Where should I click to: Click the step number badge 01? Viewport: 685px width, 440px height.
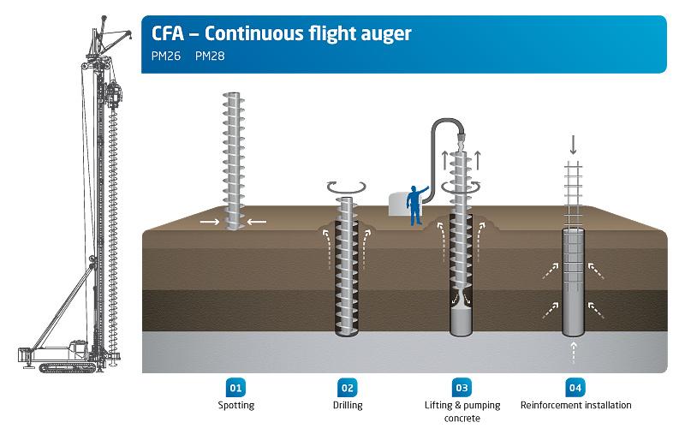[235, 388]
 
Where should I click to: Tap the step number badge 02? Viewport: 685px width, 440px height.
[348, 388]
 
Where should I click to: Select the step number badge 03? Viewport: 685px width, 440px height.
[462, 388]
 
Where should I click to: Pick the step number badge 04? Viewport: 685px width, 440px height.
[575, 388]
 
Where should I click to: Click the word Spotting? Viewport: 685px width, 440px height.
[236, 406]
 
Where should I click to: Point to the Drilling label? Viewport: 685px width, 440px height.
[348, 406]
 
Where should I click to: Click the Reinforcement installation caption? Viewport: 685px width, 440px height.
[575, 405]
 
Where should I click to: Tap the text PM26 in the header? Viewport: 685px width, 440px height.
[166, 56]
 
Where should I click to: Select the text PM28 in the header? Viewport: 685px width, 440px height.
[210, 56]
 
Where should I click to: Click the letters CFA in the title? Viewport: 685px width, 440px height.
[168, 33]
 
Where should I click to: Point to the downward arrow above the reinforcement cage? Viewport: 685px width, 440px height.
[573, 145]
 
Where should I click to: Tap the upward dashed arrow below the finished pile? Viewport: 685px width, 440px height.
[574, 353]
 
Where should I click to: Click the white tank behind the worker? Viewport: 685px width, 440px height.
[398, 205]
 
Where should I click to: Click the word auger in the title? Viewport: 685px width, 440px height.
[386, 34]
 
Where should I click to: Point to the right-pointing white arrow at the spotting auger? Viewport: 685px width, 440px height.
[210, 222]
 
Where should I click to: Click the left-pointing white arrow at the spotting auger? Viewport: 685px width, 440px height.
[256, 222]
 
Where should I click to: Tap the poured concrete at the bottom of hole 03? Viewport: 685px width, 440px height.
[462, 320]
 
